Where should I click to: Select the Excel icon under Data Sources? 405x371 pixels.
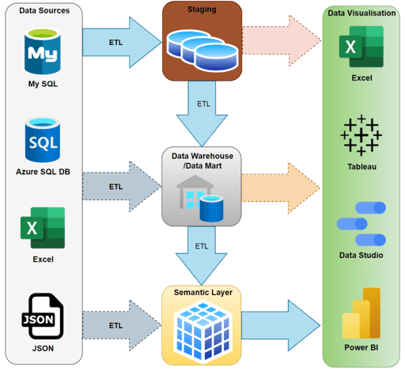tap(42, 228)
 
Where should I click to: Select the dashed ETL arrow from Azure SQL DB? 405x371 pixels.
tap(119, 187)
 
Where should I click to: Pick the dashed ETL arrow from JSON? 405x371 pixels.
tap(119, 325)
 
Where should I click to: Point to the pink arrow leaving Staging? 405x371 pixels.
tap(282, 40)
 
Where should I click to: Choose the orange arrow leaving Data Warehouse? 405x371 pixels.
tap(282, 187)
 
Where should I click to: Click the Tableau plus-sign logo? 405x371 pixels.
tap(361, 135)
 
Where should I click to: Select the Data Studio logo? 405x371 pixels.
tap(361, 223)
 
